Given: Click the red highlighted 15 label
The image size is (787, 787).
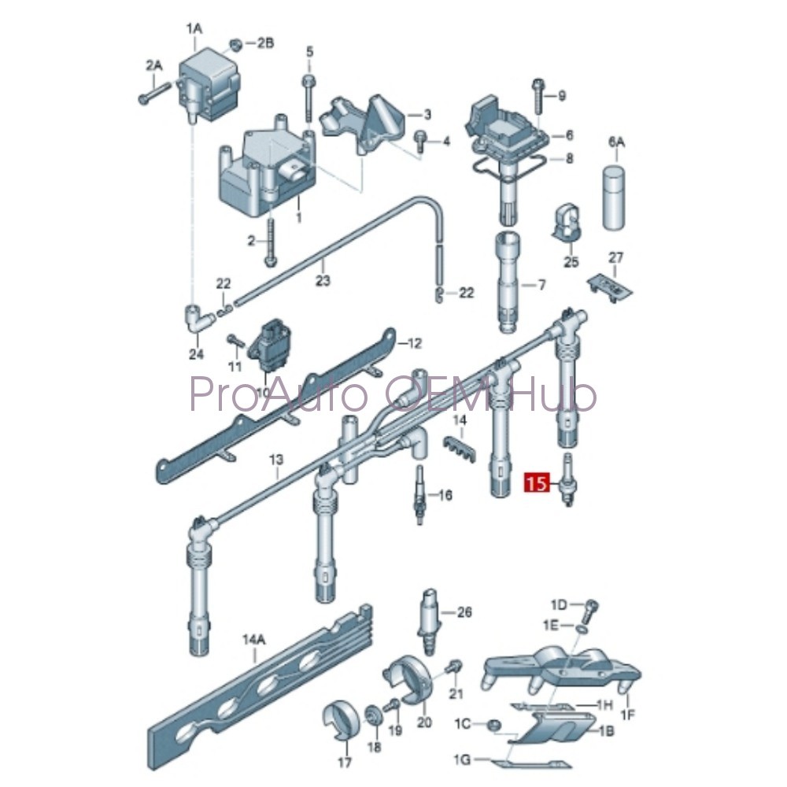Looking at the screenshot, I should (538, 482).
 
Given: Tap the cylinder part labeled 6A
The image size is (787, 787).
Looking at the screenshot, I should (615, 197).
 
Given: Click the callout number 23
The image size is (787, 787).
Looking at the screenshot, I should (323, 280).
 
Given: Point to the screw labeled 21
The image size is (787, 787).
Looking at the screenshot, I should (453, 668).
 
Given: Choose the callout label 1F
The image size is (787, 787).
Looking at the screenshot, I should (627, 715).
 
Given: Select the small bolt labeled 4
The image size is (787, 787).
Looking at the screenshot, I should (421, 139).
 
